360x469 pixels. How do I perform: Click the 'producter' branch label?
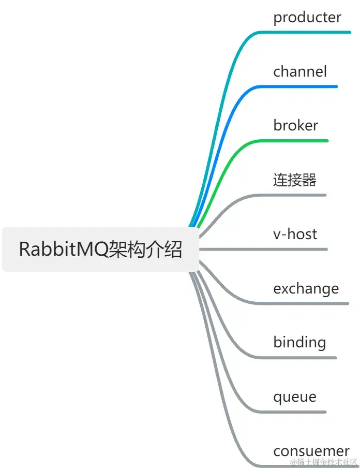307,18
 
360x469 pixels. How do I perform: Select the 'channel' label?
300,71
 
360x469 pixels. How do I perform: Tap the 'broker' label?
295,126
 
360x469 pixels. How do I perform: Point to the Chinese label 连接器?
294,180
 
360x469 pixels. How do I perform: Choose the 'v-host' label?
295,234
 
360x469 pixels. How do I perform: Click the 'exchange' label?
306,288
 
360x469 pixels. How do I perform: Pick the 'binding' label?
299,343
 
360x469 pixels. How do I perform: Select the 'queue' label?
294,397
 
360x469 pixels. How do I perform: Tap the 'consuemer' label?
311,451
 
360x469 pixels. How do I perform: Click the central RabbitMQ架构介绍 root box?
100,249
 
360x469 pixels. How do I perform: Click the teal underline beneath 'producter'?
305,32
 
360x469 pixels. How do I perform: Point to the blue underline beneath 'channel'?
300,86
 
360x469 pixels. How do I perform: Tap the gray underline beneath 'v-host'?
295,249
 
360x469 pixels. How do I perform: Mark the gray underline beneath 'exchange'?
305,303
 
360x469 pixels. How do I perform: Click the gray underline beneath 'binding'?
300,358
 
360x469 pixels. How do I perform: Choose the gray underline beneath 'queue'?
295,412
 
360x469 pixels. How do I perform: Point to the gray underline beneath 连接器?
295,195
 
